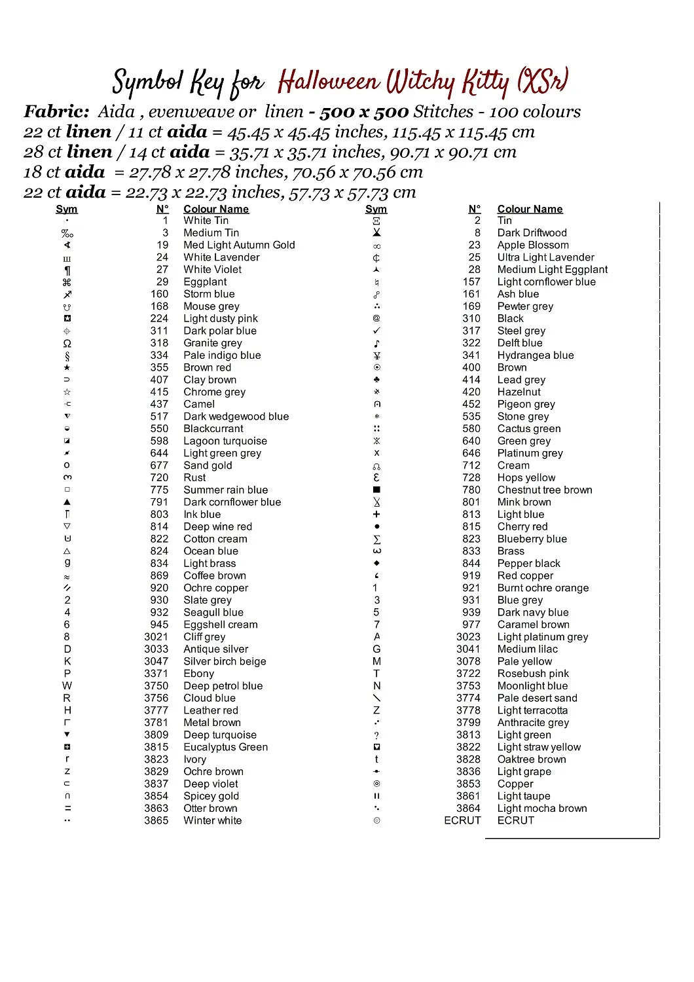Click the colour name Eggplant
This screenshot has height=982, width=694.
pos(205,282)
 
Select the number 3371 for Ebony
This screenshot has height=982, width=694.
pos(156,674)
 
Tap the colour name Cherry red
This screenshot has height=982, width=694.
pos(522,526)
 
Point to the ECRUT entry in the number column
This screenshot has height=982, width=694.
pos(462,820)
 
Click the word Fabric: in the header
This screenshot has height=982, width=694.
pos(56,111)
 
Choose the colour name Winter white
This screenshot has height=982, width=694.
pos(212,820)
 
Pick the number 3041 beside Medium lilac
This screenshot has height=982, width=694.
pos(468,649)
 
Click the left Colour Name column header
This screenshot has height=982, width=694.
pos(216,209)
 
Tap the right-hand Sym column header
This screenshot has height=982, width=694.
pos(376,209)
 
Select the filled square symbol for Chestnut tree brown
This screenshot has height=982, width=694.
pos(376,490)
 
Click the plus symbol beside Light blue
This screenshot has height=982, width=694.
pos(376,515)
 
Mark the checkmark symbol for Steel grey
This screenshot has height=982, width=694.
pos(376,331)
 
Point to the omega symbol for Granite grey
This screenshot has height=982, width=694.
pos(67,343)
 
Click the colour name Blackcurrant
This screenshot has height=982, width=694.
pos(213,429)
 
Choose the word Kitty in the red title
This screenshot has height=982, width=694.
pos(484,82)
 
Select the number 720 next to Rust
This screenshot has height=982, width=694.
pos(159,478)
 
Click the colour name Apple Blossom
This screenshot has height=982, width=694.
pos(533,245)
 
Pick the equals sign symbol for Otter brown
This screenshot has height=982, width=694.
pos(67,809)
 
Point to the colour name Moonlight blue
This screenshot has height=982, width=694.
pos(532,686)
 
